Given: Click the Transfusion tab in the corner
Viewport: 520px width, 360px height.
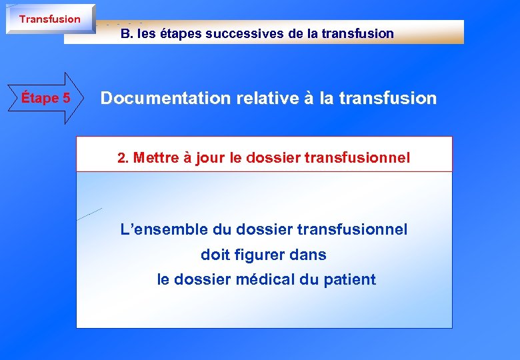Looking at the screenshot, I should [x=49, y=19].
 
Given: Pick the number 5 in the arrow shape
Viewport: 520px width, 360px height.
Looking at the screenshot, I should [x=65, y=98].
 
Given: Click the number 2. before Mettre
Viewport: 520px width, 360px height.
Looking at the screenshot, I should [x=122, y=158].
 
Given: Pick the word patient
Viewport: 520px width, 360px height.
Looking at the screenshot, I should [x=349, y=279].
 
